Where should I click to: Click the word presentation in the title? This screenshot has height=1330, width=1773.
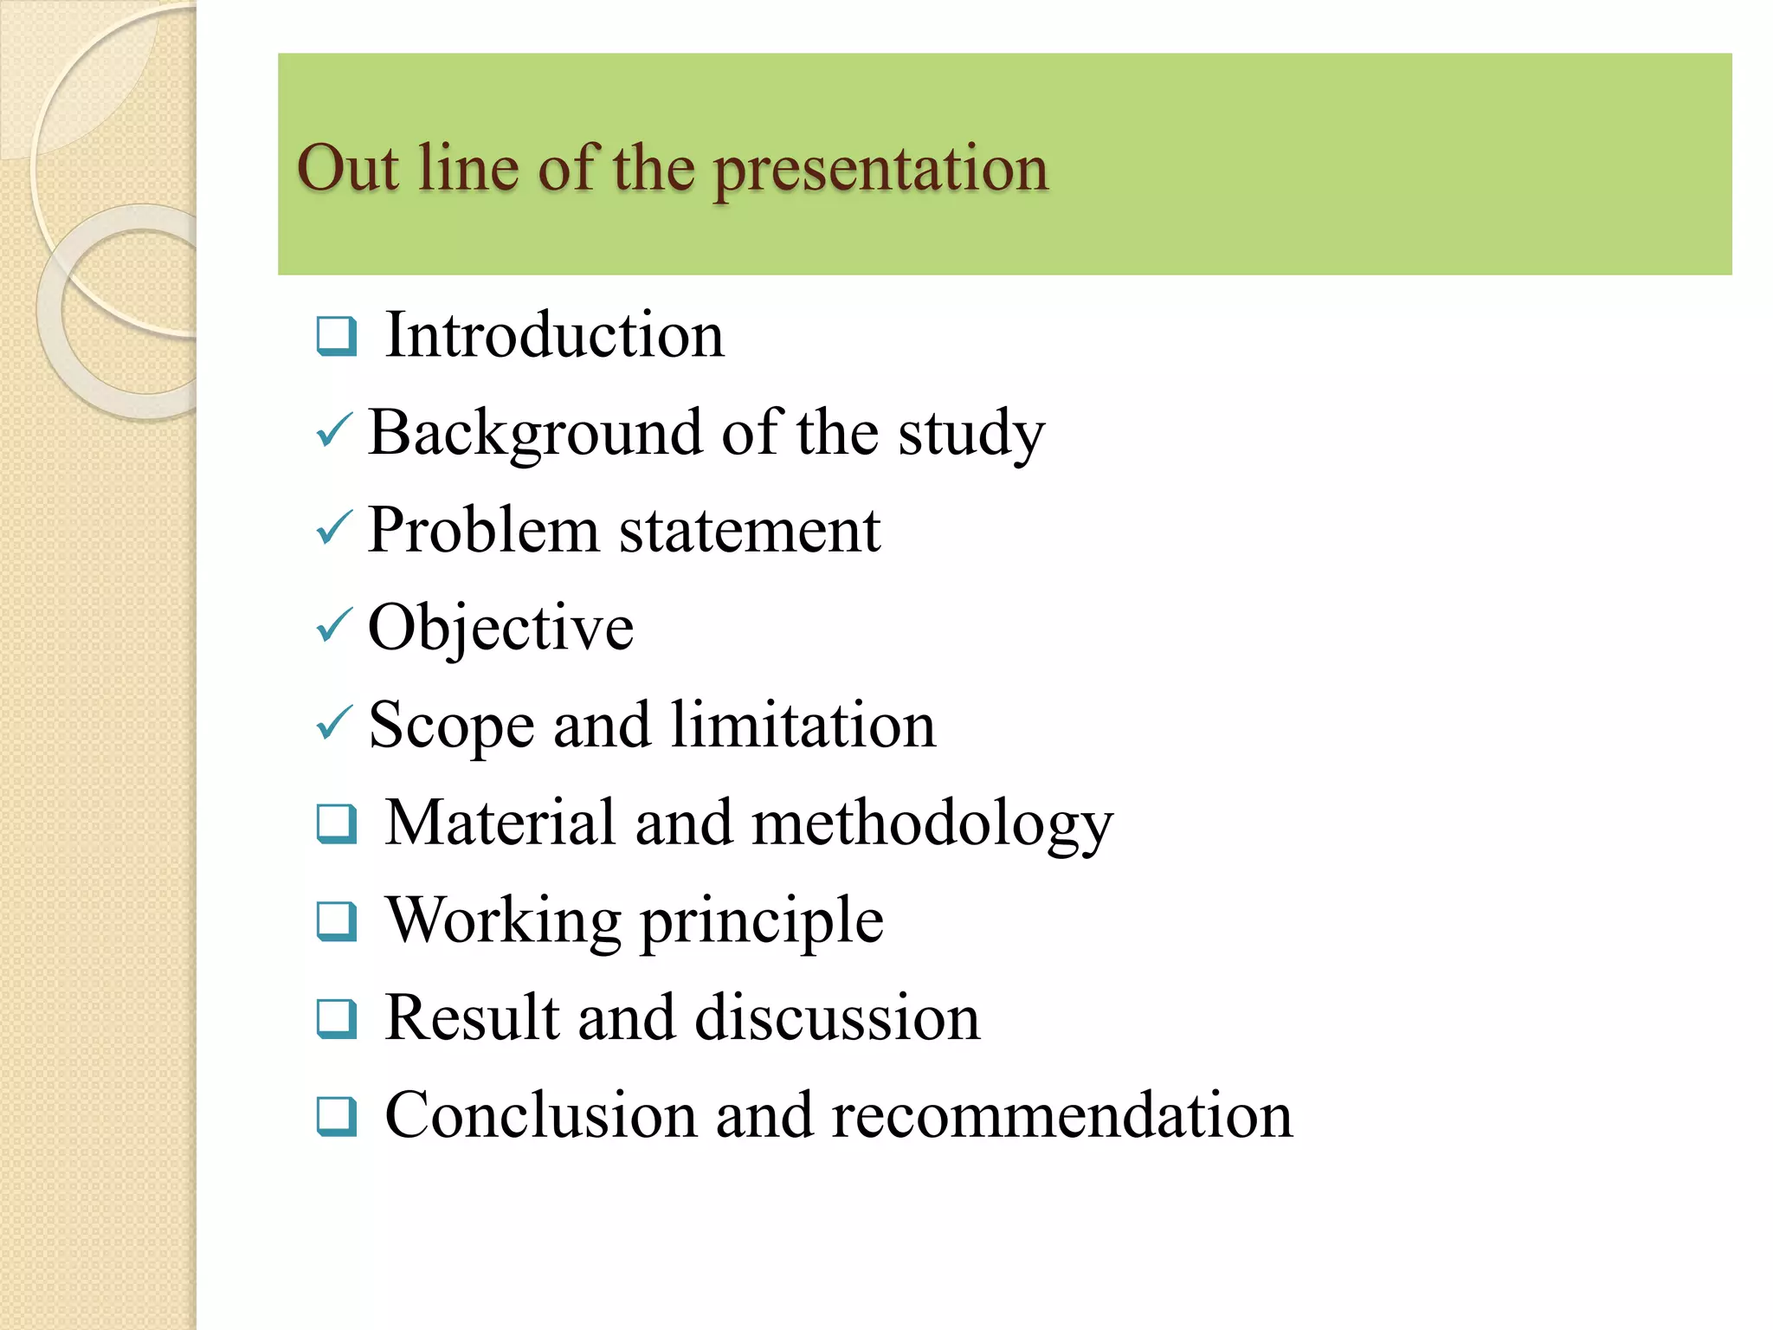tap(880, 170)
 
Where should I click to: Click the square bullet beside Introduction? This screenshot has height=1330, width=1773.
tap(336, 337)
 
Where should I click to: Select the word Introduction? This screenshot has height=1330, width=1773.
tap(554, 335)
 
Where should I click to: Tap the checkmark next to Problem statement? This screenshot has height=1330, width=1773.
tap(334, 527)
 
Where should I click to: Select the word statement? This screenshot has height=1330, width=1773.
tap(750, 530)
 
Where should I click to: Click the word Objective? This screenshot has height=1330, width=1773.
tap(500, 628)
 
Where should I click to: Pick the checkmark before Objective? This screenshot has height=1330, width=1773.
tap(334, 625)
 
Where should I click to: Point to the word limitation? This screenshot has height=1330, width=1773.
tap(803, 725)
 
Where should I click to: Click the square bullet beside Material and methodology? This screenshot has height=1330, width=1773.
tap(336, 823)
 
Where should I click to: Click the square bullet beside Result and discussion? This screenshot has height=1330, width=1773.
tap(336, 1018)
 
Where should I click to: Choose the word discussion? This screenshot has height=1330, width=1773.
tap(837, 1017)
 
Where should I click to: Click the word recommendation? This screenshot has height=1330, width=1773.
tap(1061, 1115)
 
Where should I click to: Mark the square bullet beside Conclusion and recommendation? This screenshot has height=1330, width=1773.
tap(336, 1116)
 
